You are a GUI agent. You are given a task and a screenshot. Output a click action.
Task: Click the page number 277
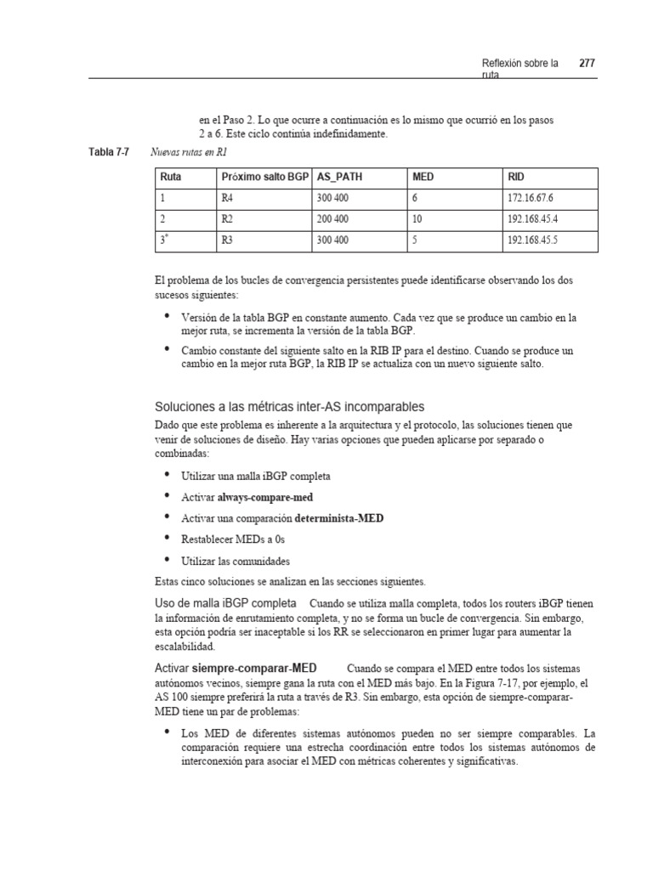[587, 63]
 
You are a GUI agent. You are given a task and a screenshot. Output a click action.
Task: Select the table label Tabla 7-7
[108, 153]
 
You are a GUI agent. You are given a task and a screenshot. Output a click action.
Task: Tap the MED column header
[423, 178]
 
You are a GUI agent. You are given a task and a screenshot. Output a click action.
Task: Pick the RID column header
[516, 178]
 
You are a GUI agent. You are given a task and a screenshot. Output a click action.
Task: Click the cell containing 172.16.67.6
[536, 199]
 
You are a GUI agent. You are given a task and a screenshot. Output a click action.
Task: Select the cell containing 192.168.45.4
[538, 220]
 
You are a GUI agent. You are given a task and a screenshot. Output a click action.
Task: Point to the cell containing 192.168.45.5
[538, 241]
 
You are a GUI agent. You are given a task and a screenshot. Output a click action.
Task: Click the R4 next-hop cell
[227, 199]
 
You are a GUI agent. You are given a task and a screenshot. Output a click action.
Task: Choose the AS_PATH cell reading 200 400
[332, 220]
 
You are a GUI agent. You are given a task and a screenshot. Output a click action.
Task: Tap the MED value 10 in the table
[417, 220]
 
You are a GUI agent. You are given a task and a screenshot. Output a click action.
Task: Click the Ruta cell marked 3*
[162, 240]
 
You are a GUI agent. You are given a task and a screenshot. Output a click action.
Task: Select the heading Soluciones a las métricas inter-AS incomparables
[289, 406]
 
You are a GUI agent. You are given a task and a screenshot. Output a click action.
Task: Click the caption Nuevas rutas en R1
[188, 154]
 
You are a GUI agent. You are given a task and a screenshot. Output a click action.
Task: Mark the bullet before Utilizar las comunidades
[168, 560]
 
